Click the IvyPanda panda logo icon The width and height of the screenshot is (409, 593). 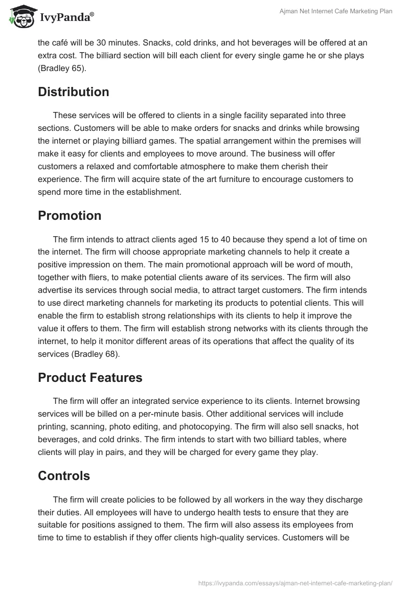coord(20,16)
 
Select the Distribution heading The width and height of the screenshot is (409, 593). coord(73,92)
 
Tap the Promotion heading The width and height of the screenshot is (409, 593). coord(70,216)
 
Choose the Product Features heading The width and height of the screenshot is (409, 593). coord(90,378)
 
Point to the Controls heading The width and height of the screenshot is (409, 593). coord(64,476)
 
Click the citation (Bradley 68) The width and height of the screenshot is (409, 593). coord(99,353)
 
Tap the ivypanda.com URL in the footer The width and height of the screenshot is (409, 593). coord(295,583)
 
